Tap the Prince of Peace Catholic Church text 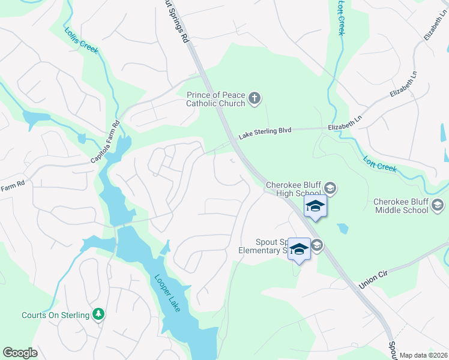pos(216,99)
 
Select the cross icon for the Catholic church pos(255,98)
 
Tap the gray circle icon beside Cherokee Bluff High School pos(331,189)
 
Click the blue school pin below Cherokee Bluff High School pos(315,207)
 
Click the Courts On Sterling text pos(55,314)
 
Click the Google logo pos(20,353)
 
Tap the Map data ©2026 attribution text pos(423,355)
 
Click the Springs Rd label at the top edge pos(176,22)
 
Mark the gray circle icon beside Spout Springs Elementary pos(317,244)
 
